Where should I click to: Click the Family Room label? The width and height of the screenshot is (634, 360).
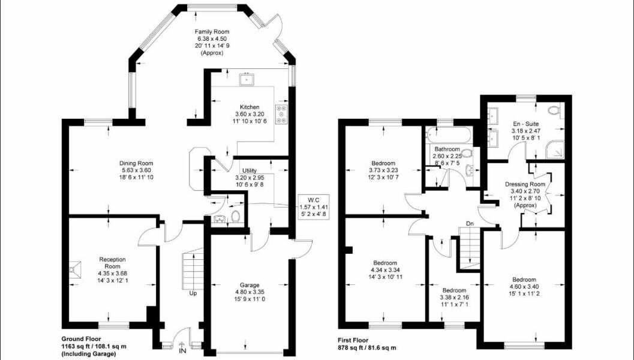212,32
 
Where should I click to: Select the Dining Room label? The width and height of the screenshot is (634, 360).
136,163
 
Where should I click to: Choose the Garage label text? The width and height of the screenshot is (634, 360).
249,285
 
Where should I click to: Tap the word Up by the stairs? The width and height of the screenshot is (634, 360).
193,293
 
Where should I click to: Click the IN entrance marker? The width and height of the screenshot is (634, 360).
182,350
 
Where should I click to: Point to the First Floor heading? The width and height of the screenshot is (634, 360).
356,340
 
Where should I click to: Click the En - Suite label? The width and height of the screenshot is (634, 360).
526,123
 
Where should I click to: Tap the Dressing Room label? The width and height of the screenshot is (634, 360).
525,184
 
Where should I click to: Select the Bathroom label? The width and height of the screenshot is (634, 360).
447,149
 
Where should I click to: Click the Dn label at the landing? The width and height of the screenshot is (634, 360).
471,225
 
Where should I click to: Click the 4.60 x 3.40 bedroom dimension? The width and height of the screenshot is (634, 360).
524,287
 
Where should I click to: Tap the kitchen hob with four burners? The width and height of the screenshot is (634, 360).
281,113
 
